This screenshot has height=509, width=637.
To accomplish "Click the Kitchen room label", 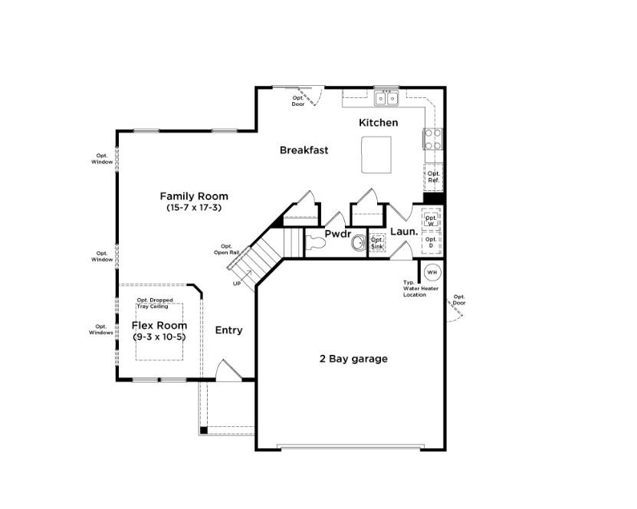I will point(379,123).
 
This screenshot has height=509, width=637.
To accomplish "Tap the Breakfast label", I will point(304,150).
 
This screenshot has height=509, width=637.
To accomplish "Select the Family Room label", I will point(193,196).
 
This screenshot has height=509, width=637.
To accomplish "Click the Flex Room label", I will point(159,326).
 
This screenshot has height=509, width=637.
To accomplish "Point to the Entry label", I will point(228,330).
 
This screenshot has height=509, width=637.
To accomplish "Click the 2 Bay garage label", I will point(353,359).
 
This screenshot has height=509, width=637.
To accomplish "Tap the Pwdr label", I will point(337,234).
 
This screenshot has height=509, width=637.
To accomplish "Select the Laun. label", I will point(404,232).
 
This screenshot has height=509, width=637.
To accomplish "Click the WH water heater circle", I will point(432,272).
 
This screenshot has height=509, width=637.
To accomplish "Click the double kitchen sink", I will point(386,98).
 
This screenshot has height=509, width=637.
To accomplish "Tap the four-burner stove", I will point(432,138).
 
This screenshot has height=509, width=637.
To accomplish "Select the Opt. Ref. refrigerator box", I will point(433,177).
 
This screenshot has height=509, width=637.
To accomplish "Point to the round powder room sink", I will point(358,244).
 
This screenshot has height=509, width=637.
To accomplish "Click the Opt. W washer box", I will point(431,219).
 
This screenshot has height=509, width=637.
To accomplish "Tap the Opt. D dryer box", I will point(431,241).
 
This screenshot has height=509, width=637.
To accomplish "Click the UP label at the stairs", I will point(236,284).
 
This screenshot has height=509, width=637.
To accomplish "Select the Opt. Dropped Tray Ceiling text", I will point(154,303).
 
